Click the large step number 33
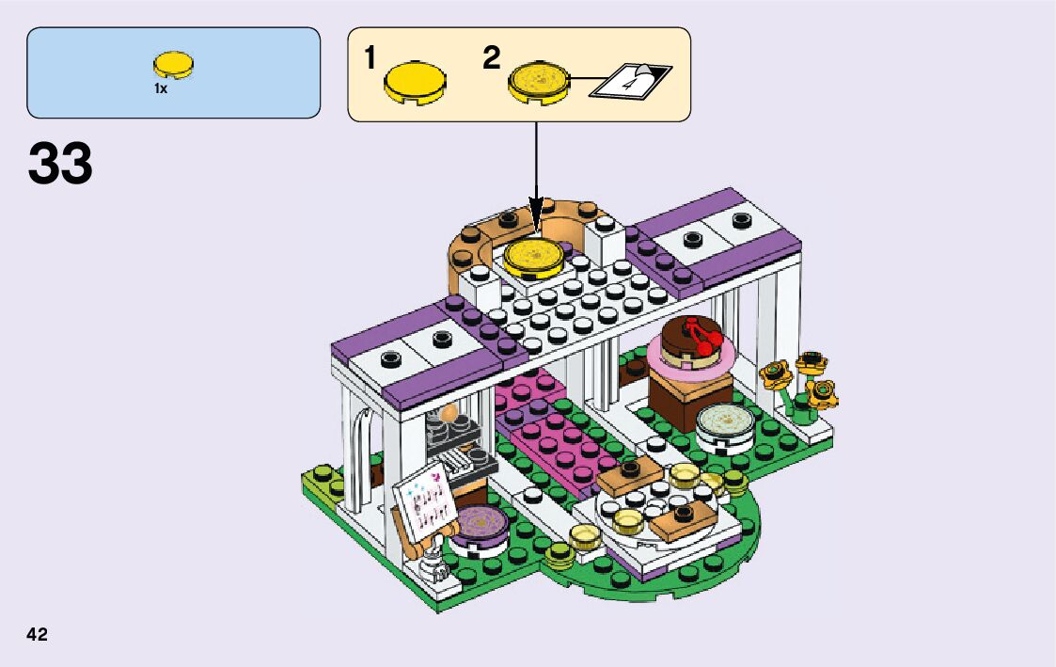pyautogui.click(x=60, y=164)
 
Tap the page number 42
pyautogui.click(x=37, y=635)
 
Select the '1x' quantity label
pyautogui.click(x=161, y=88)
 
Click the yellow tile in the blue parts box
pyautogui.click(x=174, y=65)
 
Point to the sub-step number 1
pyautogui.click(x=370, y=58)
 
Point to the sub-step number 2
pyautogui.click(x=491, y=58)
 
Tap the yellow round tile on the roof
pyautogui.click(x=533, y=255)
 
